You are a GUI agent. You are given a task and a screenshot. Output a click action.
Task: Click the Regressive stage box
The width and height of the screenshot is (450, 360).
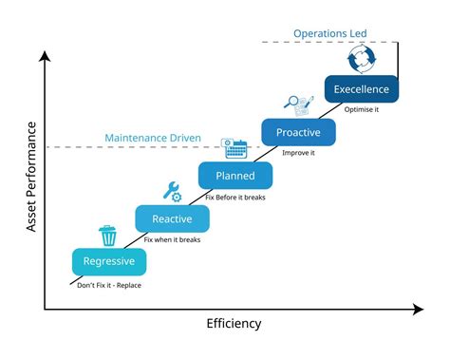point(108,261)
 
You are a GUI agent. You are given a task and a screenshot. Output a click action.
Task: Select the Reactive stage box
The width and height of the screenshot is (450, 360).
point(172,219)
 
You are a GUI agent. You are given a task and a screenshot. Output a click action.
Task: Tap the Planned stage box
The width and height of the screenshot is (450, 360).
point(235,176)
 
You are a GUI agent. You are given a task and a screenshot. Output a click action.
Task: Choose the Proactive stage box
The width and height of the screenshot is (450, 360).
point(298,132)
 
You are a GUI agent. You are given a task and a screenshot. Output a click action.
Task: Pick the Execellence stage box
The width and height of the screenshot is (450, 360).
point(361,89)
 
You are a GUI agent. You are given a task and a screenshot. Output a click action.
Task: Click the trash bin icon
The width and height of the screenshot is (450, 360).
point(108,235)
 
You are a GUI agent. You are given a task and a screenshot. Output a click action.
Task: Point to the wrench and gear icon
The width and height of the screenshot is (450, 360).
point(173,191)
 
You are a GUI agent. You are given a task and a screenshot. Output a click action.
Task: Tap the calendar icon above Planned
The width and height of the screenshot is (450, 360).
point(234,148)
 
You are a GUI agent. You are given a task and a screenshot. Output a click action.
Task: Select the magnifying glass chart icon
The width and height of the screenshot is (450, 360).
point(298,105)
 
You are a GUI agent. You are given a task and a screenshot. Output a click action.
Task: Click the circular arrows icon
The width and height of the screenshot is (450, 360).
point(362,61)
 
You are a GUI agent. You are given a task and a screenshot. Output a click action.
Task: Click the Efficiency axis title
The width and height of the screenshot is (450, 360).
point(234,324)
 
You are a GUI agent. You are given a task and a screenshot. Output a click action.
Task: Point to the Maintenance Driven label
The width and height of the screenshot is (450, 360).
point(152,139)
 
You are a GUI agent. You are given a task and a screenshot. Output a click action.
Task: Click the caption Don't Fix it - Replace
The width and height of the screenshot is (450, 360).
point(109,284)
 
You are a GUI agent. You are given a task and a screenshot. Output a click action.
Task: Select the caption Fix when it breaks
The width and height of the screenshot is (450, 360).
point(172,240)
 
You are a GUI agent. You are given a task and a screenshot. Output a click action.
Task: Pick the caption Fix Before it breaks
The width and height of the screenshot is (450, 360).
point(236,197)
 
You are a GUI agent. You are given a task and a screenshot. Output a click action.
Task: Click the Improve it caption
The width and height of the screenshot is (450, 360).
point(298,152)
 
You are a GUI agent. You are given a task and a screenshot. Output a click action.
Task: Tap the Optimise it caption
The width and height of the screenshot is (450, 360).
point(362,109)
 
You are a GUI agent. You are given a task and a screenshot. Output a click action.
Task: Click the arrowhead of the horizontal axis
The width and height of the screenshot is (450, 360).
point(418,309)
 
